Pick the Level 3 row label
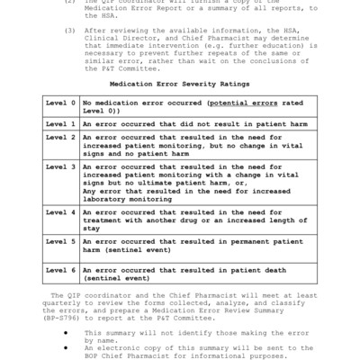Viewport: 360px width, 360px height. pyautogui.click(x=61, y=166)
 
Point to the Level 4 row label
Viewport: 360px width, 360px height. pyautogui.click(x=61, y=212)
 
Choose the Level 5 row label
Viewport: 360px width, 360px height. pyautogui.click(x=61, y=241)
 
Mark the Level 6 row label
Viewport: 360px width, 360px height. pyautogui.click(x=61, y=270)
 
